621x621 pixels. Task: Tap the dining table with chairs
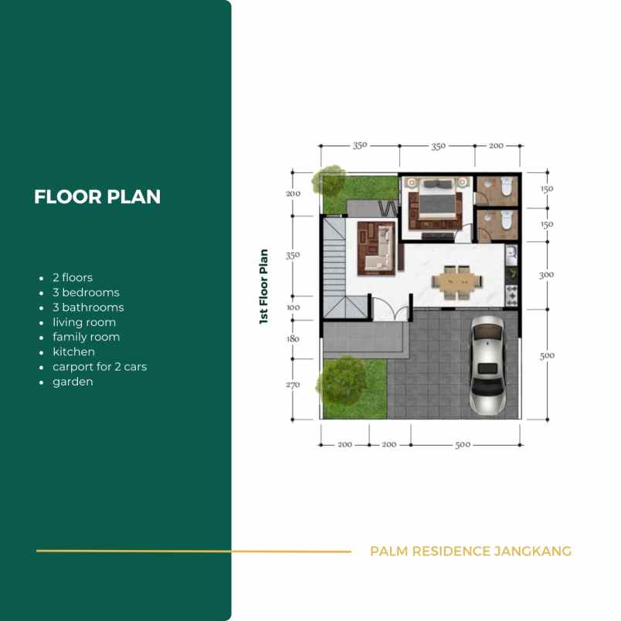click(457, 283)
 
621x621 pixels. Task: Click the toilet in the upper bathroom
click(507, 185)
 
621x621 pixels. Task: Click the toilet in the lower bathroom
click(507, 220)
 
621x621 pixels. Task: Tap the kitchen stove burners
click(511, 296)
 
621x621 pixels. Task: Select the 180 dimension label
click(293, 338)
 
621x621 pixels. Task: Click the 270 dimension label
click(293, 385)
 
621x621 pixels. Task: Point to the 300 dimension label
click(547, 274)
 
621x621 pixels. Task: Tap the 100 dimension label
click(293, 307)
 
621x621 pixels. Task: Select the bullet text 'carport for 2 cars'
click(100, 367)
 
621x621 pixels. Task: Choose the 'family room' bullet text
click(87, 337)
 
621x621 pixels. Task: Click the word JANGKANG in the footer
click(532, 551)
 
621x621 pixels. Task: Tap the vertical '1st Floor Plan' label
click(263, 287)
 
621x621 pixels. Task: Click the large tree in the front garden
click(341, 381)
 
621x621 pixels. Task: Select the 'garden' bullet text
click(73, 382)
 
